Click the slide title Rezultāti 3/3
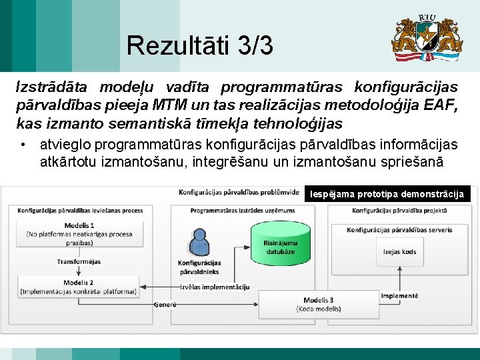tap(199, 46)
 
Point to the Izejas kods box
tap(399, 252)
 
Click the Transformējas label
tap(79, 261)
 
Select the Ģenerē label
tap(165, 304)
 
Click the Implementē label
tap(399, 295)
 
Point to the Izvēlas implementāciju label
tap(215, 287)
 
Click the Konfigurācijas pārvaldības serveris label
tap(399, 230)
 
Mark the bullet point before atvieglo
tap(23, 144)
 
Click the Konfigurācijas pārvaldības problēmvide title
tap(239, 193)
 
